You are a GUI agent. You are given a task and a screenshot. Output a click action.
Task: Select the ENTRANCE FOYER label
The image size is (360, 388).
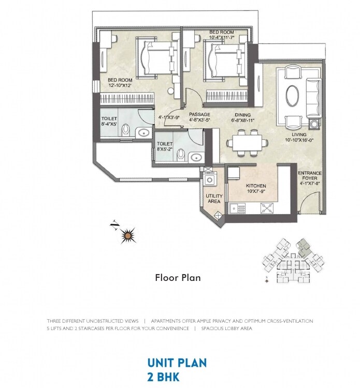click(309, 177)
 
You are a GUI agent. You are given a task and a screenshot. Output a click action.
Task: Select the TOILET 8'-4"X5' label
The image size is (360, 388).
click(109, 122)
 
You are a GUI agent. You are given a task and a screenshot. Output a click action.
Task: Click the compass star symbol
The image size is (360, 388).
click(127, 236)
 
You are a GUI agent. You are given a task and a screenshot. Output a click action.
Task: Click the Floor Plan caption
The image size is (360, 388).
click(178, 278)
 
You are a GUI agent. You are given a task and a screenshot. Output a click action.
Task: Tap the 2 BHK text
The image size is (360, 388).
click(163, 377)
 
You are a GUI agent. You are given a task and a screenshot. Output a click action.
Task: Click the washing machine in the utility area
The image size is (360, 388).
click(209, 180)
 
